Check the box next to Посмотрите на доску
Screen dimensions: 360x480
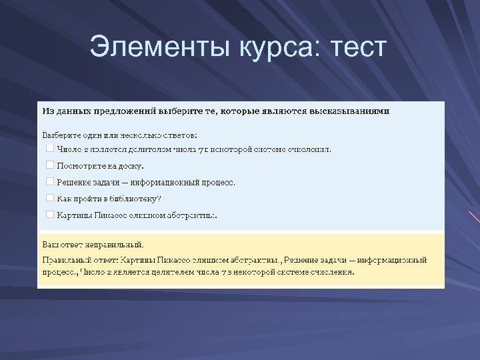(x=49, y=165)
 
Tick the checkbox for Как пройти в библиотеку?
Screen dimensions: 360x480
(x=49, y=198)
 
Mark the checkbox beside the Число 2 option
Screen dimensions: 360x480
(x=49, y=149)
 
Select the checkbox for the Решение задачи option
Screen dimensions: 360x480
(x=49, y=181)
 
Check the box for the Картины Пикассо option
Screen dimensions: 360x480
(x=49, y=215)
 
